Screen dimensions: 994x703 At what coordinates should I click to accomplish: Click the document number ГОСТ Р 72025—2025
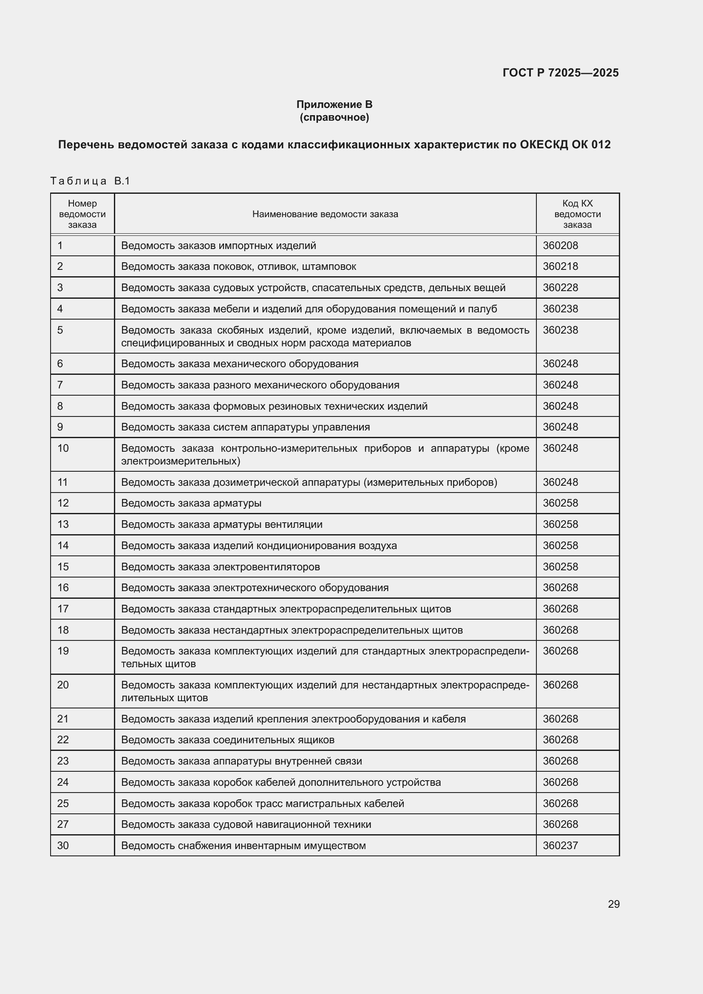pyautogui.click(x=560, y=73)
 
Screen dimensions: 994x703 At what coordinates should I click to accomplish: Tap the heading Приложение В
pyautogui.click(x=334, y=105)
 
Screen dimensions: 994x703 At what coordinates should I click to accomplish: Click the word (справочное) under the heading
pyautogui.click(x=334, y=117)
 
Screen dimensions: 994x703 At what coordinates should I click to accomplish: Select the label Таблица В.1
pyautogui.click(x=90, y=181)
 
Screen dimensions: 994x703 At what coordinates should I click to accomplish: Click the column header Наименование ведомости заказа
pyautogui.click(x=325, y=214)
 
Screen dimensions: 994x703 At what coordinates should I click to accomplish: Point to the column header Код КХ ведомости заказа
pyautogui.click(x=577, y=214)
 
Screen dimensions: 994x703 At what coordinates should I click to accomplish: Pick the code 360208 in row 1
pyautogui.click(x=560, y=246)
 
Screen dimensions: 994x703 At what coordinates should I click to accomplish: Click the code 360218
pyautogui.click(x=560, y=266)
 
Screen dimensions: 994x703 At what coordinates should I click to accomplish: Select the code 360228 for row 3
pyautogui.click(x=560, y=287)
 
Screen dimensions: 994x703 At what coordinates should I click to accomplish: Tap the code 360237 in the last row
pyautogui.click(x=560, y=846)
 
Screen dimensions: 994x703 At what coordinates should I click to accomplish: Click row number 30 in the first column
pyautogui.click(x=63, y=846)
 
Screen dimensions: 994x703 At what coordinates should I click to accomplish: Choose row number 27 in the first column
pyautogui.click(x=63, y=824)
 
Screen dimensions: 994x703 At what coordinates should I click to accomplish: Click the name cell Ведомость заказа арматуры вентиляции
pyautogui.click(x=221, y=524)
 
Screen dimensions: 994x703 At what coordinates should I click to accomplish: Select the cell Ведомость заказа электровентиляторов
pyautogui.click(x=220, y=567)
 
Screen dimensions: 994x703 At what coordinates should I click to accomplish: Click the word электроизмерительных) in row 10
pyautogui.click(x=181, y=461)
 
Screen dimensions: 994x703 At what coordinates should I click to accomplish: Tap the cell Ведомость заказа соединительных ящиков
pyautogui.click(x=228, y=740)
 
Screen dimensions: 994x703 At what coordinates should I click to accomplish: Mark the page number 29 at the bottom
pyautogui.click(x=613, y=904)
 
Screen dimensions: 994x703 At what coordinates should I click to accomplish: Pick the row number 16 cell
pyautogui.click(x=63, y=587)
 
